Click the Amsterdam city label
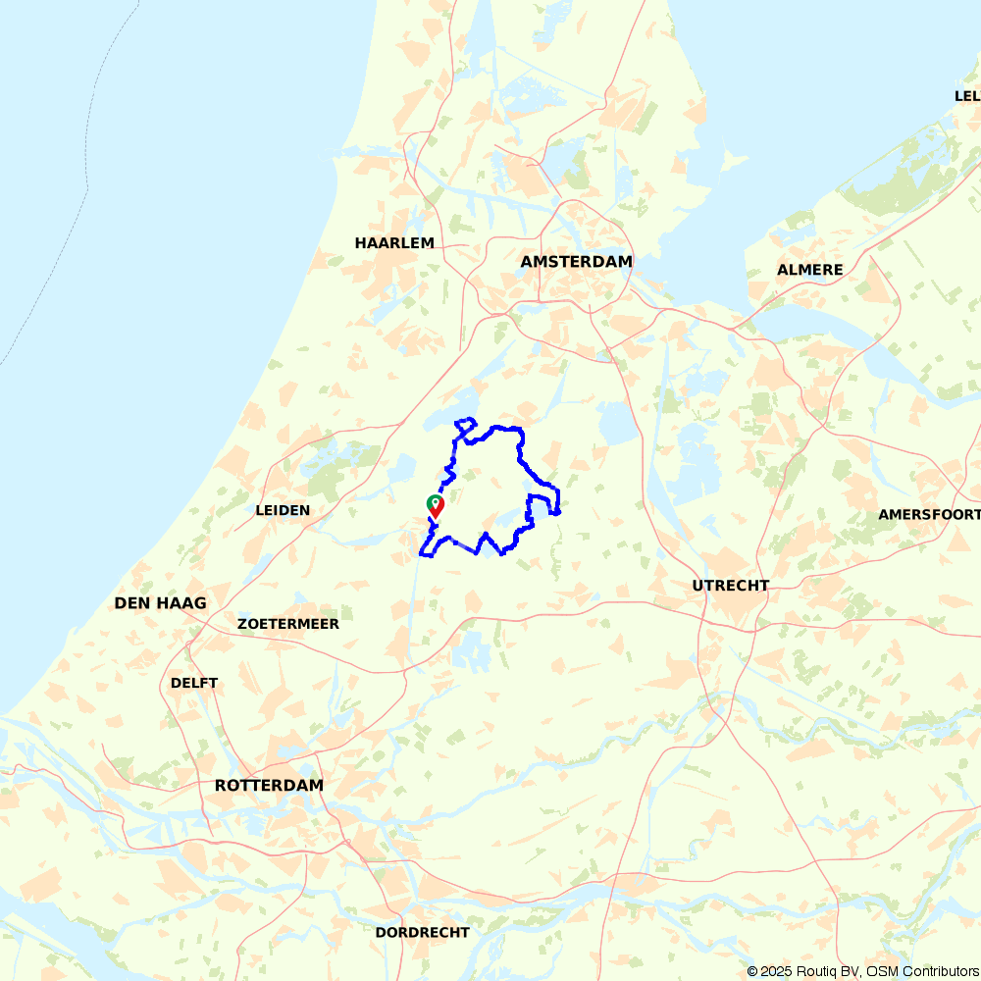(576, 262)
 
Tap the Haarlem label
(394, 243)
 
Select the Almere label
(809, 270)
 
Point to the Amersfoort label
(928, 514)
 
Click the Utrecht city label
(730, 586)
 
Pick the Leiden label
(283, 510)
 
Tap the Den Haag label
(161, 603)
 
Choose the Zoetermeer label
(288, 624)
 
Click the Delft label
(194, 683)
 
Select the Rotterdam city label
(269, 786)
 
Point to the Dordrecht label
(422, 932)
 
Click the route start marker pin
(435, 505)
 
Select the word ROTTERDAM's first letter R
(221, 786)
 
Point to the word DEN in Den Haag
(132, 603)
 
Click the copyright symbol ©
(752, 971)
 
